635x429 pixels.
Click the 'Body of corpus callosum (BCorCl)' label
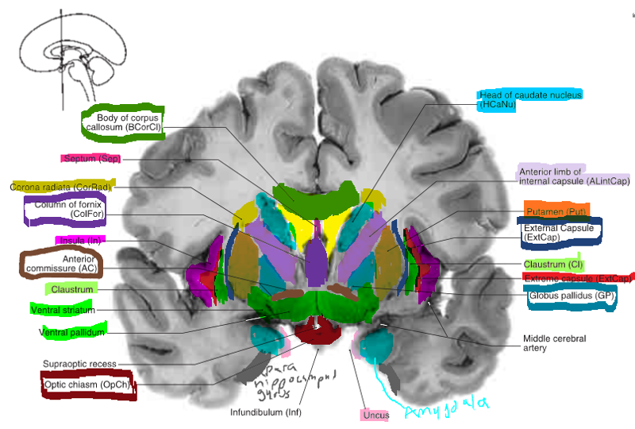[x=122, y=122]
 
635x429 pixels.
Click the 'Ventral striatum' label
[x=64, y=309]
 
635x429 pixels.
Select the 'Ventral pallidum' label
[x=72, y=332]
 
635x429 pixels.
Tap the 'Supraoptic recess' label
[x=79, y=364]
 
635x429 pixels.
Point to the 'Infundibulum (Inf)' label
[x=266, y=412]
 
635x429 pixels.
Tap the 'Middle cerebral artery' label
[x=554, y=344]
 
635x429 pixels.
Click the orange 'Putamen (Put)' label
[x=556, y=212]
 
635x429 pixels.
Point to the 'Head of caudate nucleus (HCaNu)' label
[x=530, y=99]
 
